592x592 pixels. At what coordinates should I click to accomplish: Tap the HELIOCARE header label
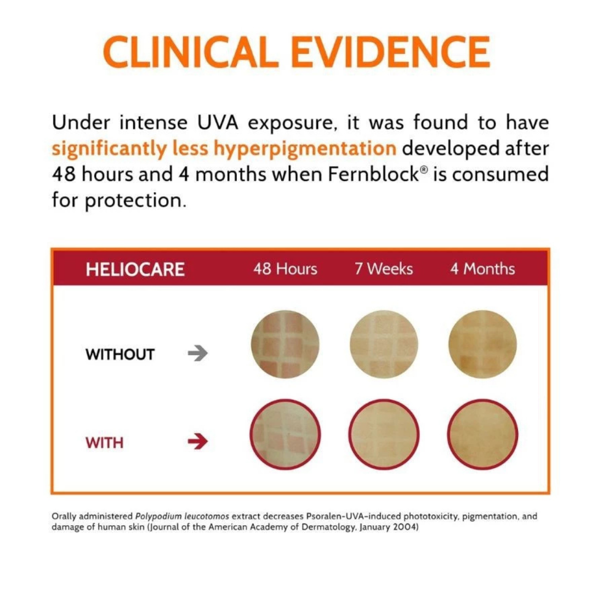pyautogui.click(x=135, y=269)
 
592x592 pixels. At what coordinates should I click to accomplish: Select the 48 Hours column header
pyautogui.click(x=285, y=269)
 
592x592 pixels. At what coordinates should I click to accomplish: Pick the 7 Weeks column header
pyautogui.click(x=384, y=269)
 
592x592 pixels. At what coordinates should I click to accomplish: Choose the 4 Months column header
pyautogui.click(x=482, y=269)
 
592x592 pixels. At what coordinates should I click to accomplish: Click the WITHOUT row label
pyautogui.click(x=120, y=354)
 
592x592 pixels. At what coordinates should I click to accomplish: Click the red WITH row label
pyautogui.click(x=104, y=442)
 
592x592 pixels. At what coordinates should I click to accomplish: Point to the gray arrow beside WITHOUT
pyautogui.click(x=198, y=354)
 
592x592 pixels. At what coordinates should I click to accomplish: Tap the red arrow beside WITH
pyautogui.click(x=198, y=442)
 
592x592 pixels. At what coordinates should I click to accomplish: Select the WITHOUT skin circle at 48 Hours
pyautogui.click(x=285, y=344)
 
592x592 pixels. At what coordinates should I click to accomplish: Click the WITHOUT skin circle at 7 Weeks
pyautogui.click(x=384, y=344)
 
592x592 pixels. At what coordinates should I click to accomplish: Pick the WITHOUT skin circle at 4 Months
pyautogui.click(x=482, y=344)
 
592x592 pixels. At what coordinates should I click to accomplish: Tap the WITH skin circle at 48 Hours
pyautogui.click(x=285, y=434)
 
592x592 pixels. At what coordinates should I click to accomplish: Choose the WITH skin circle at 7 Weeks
pyautogui.click(x=384, y=434)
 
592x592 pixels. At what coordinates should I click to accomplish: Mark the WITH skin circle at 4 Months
pyautogui.click(x=482, y=434)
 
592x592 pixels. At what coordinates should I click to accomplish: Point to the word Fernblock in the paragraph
pyautogui.click(x=372, y=174)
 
